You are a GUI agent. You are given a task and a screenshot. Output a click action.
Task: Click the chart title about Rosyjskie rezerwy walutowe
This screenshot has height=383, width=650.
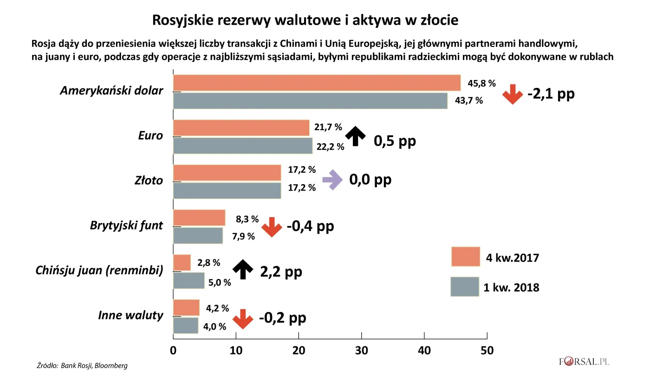click(305, 20)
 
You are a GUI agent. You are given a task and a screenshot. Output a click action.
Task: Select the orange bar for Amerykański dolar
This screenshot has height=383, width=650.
click(317, 83)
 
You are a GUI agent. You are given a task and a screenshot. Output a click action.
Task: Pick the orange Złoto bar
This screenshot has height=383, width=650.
click(227, 172)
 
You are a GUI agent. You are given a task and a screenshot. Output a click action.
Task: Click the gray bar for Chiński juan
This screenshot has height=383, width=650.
click(188, 281)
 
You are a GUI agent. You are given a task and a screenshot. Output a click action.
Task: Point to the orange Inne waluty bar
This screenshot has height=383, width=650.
click(186, 307)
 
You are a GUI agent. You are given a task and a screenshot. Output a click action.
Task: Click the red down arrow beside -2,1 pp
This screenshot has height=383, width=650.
click(513, 94)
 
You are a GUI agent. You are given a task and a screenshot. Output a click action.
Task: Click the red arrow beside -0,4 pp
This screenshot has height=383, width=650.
click(272, 227)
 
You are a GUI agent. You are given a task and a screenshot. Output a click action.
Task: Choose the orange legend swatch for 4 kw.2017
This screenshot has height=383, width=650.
click(465, 257)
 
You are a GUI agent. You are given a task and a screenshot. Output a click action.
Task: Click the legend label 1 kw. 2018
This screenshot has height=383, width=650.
click(511, 287)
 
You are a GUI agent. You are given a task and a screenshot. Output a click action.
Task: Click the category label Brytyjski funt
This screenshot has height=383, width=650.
click(126, 225)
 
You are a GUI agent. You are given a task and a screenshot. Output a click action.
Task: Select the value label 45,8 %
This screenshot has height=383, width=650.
click(482, 84)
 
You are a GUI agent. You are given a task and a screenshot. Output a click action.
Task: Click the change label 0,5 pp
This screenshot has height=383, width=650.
click(395, 141)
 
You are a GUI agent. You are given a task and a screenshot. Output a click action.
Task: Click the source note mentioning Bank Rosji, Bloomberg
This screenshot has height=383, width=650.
click(82, 365)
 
